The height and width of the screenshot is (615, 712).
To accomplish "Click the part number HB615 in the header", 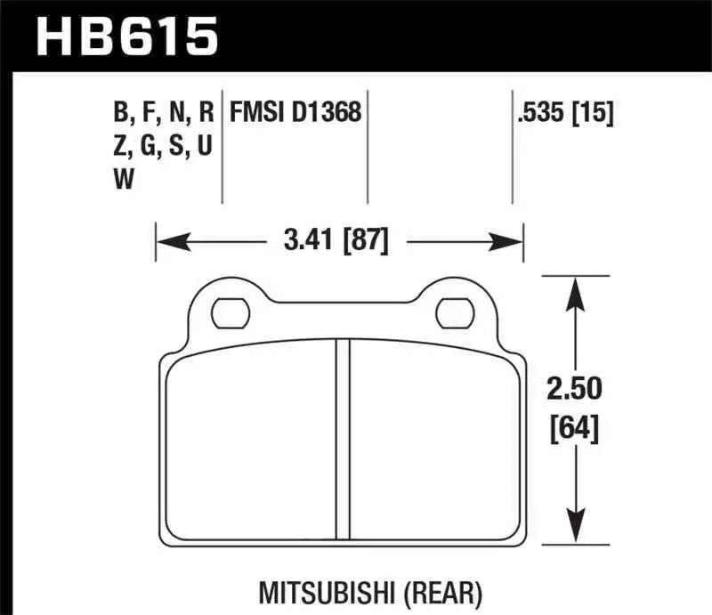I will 124,37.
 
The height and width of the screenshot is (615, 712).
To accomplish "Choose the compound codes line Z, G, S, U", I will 163,147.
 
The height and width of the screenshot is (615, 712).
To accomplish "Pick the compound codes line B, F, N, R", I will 164,113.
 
